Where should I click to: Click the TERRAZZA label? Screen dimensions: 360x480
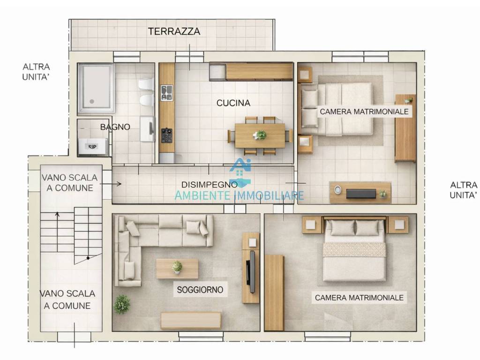click(174, 32)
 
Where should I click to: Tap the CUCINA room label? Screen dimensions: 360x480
click(233, 103)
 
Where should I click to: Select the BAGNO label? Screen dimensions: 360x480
click(115, 127)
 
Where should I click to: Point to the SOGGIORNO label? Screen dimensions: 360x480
click(200, 290)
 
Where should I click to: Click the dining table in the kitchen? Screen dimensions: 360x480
click(260, 135)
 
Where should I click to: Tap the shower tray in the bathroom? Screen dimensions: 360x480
click(96, 89)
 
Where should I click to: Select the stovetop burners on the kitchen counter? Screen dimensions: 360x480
click(166, 135)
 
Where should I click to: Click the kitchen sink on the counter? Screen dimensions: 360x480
click(166, 93)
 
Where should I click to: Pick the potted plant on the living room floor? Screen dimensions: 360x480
click(122, 304)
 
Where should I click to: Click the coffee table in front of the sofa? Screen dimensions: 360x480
click(177, 269)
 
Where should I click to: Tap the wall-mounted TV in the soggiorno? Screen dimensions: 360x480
click(252, 268)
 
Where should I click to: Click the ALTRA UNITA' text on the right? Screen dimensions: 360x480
click(463, 190)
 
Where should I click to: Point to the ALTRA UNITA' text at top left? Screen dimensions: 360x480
click(36, 72)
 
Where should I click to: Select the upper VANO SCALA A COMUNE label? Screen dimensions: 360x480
click(69, 183)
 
